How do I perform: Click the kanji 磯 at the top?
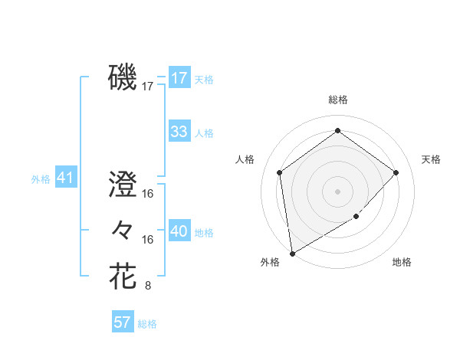[x=123, y=77]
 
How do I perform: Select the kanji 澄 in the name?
[x=123, y=185]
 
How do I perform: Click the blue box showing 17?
[x=179, y=77]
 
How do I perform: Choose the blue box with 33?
[x=179, y=131]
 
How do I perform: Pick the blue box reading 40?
[x=179, y=231]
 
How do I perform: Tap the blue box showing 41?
[x=65, y=178]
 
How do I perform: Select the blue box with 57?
[x=123, y=322]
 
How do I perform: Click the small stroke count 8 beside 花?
[x=148, y=286]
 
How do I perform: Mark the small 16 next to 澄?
[x=148, y=194]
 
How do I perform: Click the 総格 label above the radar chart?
[x=337, y=100]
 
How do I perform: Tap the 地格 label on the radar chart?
[x=402, y=262]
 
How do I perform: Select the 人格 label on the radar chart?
[x=245, y=159]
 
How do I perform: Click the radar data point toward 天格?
[x=396, y=172]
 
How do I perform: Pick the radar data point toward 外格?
[x=292, y=253]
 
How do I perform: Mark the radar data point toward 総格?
[x=337, y=130]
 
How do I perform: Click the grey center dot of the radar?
[x=337, y=191]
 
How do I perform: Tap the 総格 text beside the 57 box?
[x=147, y=324]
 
